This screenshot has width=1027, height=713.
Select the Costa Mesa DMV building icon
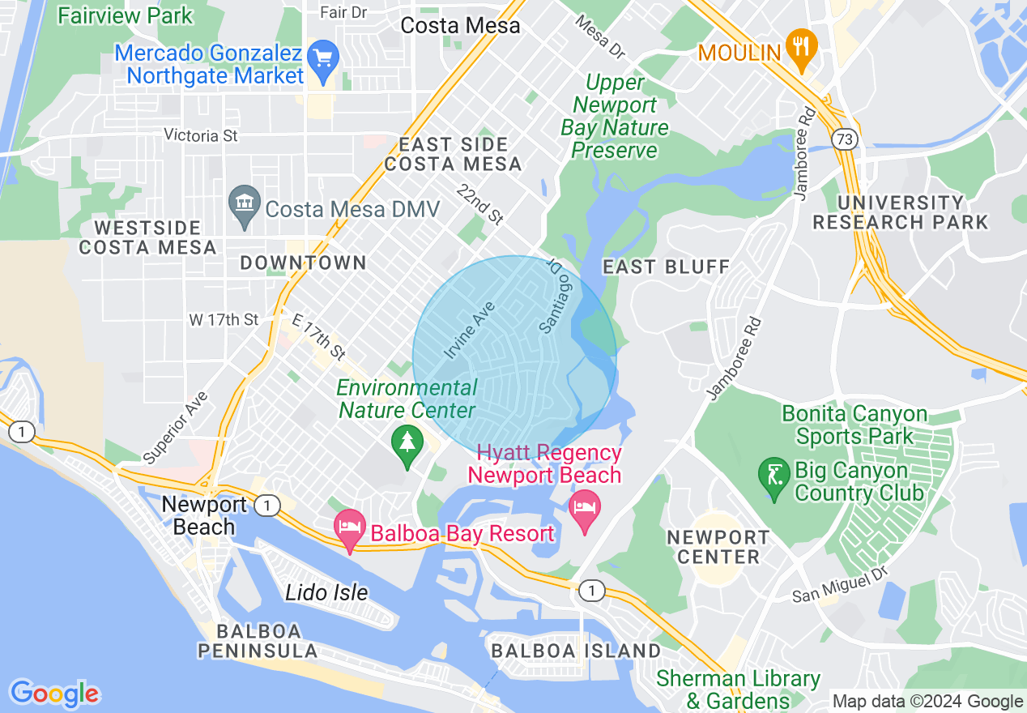(244, 206)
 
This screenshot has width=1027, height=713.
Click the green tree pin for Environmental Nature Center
(407, 445)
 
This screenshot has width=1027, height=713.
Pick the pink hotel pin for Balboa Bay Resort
(350, 528)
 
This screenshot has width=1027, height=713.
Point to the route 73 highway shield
(845, 140)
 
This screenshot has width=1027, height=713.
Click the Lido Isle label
(326, 592)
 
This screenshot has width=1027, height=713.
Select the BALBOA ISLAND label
(576, 651)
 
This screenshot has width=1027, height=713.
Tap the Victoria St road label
(201, 135)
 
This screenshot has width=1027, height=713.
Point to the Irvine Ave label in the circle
(470, 331)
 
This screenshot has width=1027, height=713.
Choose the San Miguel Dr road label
(840, 585)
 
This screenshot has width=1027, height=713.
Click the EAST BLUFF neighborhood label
(666, 267)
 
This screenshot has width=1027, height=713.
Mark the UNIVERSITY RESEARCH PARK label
(901, 212)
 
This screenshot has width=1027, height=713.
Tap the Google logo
(54, 694)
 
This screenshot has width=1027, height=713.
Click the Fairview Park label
(126, 15)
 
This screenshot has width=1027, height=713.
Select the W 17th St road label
(224, 320)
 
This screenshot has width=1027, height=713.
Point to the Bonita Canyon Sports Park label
(854, 425)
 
